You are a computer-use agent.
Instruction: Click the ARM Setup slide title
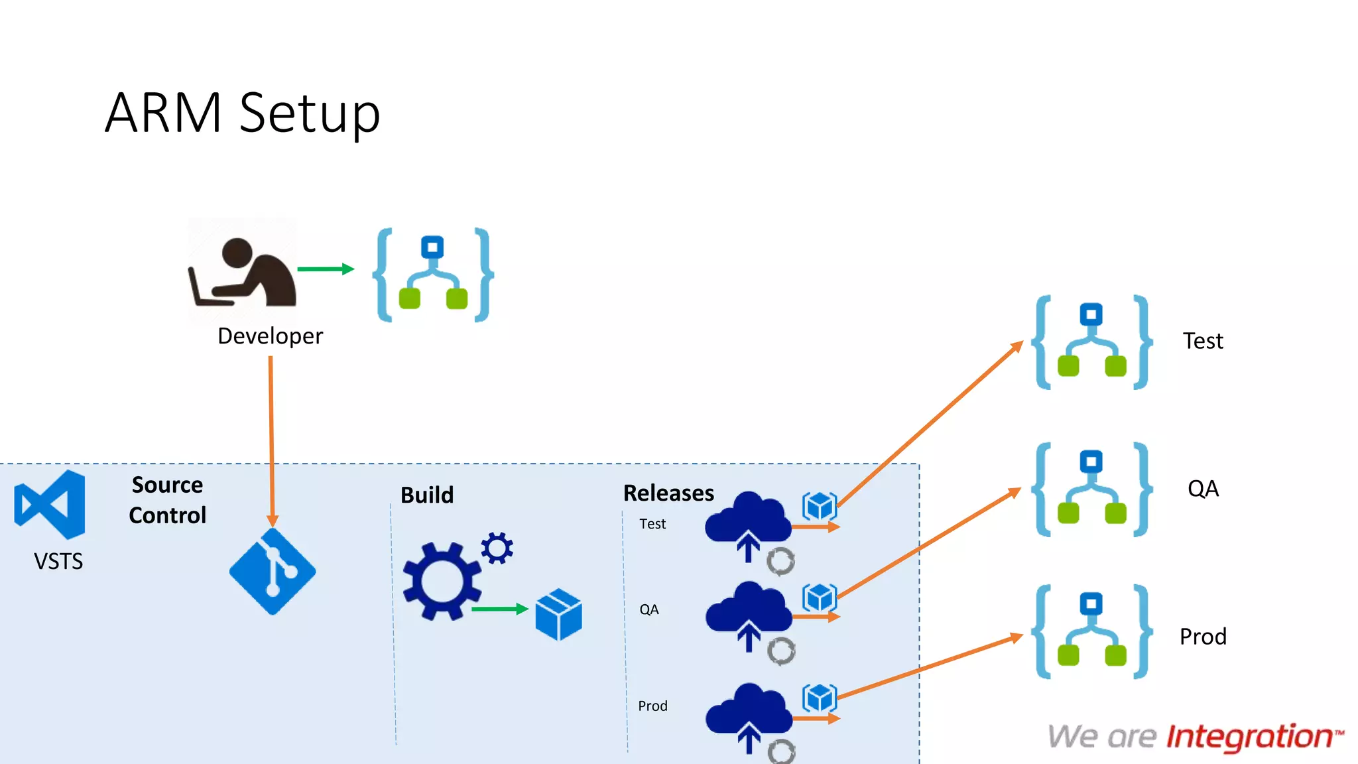point(243,113)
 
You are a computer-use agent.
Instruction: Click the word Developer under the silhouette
point(270,336)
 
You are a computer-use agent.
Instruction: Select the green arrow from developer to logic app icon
point(325,269)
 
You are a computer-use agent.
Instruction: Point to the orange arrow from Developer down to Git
point(271,438)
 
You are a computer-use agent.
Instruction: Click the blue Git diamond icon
point(273,572)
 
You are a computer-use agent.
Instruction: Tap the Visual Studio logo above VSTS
point(50,505)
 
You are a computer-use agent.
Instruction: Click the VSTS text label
point(58,562)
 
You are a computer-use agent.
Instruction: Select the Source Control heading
point(167,500)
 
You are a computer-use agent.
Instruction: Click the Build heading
point(427,495)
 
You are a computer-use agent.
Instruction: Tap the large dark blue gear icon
point(442,582)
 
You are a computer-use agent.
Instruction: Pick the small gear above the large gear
point(497,548)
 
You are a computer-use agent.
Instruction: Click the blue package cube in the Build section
point(558,614)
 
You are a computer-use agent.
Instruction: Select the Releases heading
point(668,493)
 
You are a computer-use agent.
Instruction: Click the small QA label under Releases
point(648,609)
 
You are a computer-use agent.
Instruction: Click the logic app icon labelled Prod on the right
point(1091,632)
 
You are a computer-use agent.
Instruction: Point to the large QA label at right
point(1203,489)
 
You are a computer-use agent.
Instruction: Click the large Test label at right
point(1203,341)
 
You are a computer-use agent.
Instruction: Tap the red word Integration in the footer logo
point(1249,737)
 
